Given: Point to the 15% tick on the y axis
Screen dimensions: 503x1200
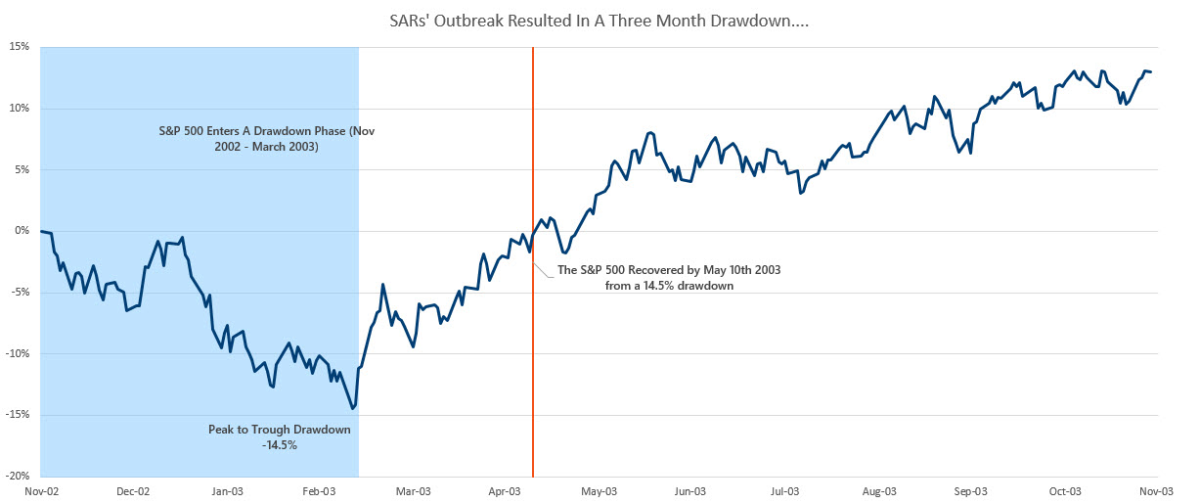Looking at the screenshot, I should (22, 47).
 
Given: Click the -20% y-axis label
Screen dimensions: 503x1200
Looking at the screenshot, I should (20, 477).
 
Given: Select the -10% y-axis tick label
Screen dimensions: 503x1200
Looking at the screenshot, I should (20, 354).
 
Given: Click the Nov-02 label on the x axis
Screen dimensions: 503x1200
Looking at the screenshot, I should (41, 491).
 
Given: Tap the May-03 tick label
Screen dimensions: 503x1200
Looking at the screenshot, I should (599, 491).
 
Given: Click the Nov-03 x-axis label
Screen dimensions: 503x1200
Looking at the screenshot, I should (1157, 491).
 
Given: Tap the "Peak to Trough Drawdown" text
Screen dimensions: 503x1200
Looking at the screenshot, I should (279, 430).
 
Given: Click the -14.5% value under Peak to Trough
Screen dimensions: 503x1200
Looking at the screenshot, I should (279, 445).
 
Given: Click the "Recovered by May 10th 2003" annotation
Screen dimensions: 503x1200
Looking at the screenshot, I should (669, 269).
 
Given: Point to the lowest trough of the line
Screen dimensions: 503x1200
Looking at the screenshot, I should (352, 408).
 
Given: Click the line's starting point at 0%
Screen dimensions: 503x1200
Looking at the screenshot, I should (41, 231).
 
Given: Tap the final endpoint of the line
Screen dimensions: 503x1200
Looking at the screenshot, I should (1151, 71).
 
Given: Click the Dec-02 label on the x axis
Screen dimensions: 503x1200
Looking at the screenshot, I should (133, 491).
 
